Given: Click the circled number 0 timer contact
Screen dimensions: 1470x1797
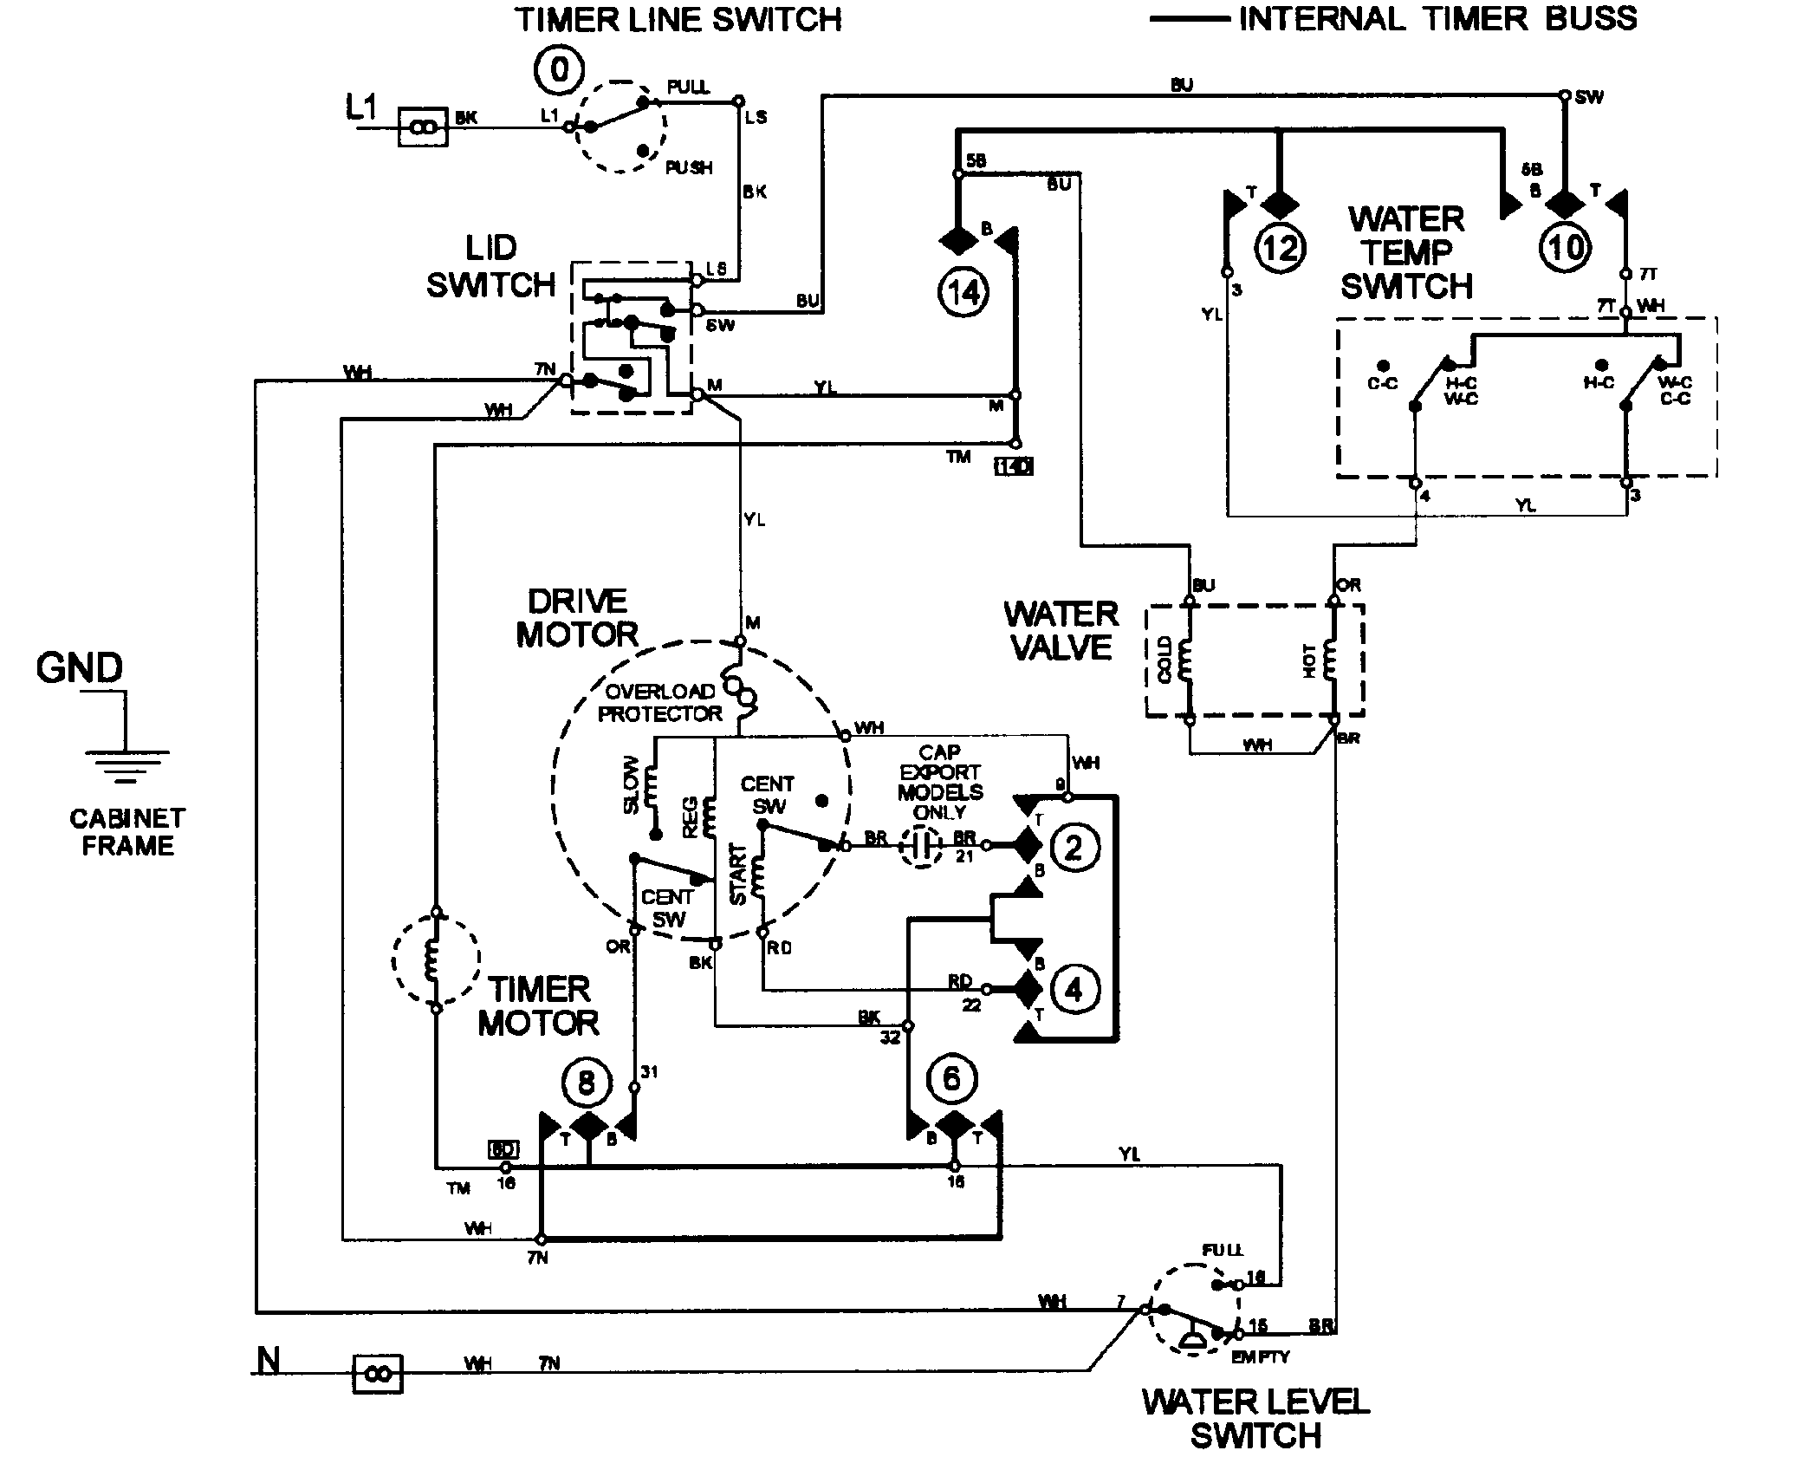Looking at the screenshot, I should click(x=559, y=69).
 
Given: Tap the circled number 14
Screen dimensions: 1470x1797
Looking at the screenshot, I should click(x=963, y=293).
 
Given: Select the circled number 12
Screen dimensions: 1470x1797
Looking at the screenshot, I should click(x=1280, y=249).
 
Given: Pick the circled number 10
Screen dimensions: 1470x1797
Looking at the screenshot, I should click(x=1565, y=249).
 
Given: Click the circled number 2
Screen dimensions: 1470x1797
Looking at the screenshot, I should click(x=1074, y=847).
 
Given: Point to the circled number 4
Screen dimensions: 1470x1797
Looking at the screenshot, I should click(x=1074, y=989).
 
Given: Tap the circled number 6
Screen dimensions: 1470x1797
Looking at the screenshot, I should click(x=951, y=1079).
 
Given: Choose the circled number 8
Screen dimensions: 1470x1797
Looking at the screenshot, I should click(x=587, y=1083).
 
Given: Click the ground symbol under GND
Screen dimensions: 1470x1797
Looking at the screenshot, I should click(x=127, y=763).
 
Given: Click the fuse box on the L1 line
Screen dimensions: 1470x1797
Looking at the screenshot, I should click(x=423, y=127).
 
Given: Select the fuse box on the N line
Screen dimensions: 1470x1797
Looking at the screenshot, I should click(x=378, y=1375).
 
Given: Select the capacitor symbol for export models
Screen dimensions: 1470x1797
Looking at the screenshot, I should click(x=921, y=846).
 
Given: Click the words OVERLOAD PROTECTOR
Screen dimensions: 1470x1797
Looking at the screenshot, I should click(x=660, y=703).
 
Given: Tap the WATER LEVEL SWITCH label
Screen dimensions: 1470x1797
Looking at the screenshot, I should click(x=1255, y=1418).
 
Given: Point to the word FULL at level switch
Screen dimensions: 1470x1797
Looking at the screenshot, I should click(x=1222, y=1250).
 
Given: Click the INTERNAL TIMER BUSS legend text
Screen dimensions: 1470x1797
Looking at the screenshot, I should click(x=1437, y=18).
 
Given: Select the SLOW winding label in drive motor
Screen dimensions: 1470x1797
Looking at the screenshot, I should click(x=631, y=785).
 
